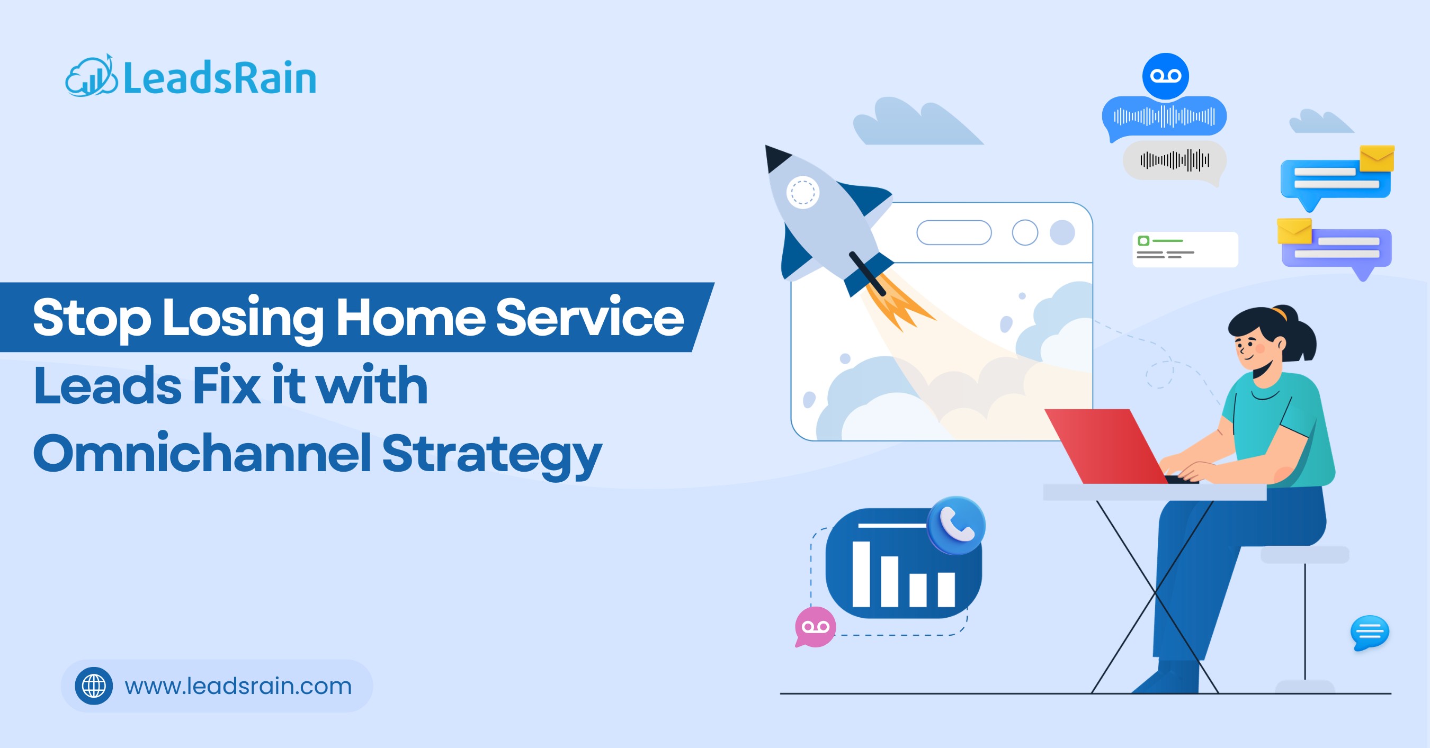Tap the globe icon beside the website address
pyautogui.click(x=94, y=686)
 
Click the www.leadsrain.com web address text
pyautogui.click(x=238, y=687)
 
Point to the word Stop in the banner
pyautogui.click(x=92, y=318)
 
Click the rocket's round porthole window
pyautogui.click(x=803, y=193)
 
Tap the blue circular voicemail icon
pyautogui.click(x=1165, y=76)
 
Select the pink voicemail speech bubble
pyautogui.click(x=815, y=627)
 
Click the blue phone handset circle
pyautogui.click(x=956, y=525)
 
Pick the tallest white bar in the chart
pyautogui.click(x=861, y=574)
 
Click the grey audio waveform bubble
pyautogui.click(x=1174, y=161)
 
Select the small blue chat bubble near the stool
pyautogui.click(x=1370, y=632)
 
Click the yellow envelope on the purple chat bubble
pyautogui.click(x=1294, y=231)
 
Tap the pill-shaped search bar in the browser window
pyautogui.click(x=954, y=232)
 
